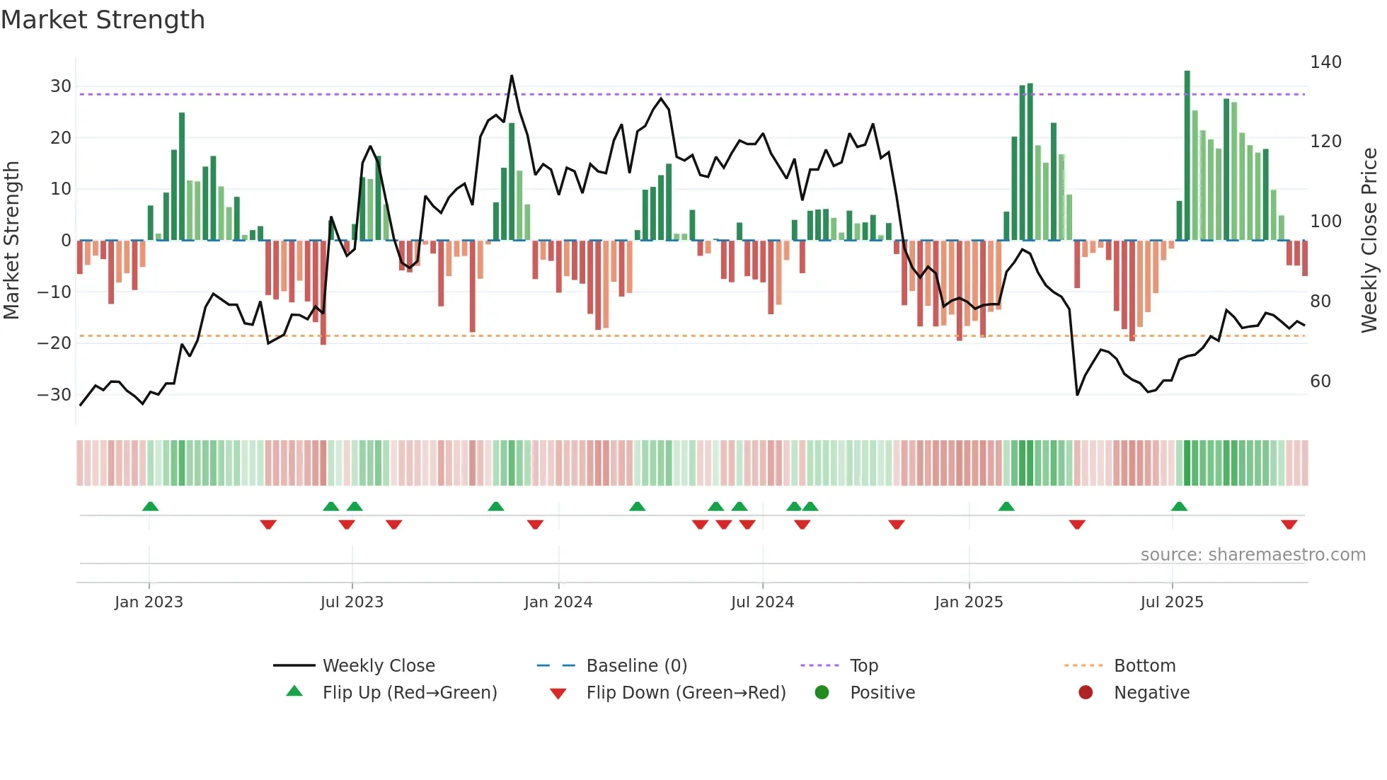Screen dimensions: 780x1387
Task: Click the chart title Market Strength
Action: point(103,20)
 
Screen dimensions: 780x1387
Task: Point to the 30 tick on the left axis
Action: point(61,86)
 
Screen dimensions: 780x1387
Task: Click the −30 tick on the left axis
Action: point(54,395)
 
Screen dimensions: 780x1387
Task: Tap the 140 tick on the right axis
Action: point(1325,62)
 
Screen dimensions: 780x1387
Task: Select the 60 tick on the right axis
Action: point(1320,382)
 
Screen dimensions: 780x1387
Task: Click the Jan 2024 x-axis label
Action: point(558,602)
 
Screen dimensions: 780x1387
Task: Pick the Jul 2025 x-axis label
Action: point(1171,602)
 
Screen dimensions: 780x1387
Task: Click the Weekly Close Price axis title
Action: point(1369,241)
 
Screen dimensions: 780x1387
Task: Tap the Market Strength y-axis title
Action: point(12,241)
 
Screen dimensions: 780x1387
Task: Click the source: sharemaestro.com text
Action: point(1253,555)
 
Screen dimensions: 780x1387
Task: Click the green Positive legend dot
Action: point(822,693)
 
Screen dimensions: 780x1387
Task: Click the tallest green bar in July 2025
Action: point(1187,156)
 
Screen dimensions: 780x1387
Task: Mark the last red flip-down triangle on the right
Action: point(1289,524)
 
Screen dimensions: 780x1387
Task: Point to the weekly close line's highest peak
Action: point(512,76)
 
